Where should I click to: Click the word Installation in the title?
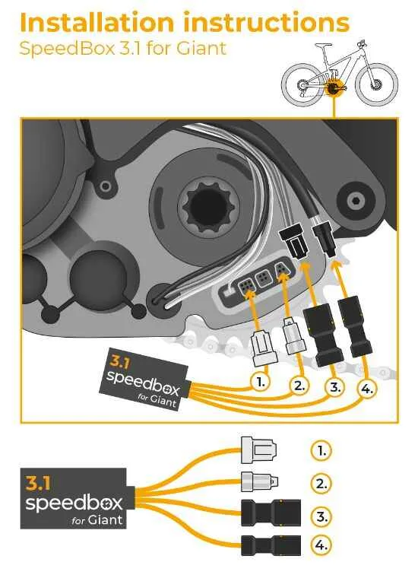click(x=97, y=22)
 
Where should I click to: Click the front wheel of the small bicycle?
click(x=376, y=84)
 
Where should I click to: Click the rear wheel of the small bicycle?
click(x=302, y=84)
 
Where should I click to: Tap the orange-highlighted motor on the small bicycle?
click(x=334, y=88)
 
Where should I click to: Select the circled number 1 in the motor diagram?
click(x=260, y=383)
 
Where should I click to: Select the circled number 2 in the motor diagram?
click(x=299, y=386)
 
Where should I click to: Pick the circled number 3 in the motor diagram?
click(x=334, y=387)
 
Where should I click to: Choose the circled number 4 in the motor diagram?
click(x=367, y=388)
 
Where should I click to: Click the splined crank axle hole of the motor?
click(x=209, y=205)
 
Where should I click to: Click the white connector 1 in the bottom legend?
click(x=258, y=449)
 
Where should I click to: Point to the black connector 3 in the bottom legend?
click(x=271, y=513)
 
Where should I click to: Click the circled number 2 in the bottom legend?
click(x=321, y=483)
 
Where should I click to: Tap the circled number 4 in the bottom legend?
click(x=321, y=545)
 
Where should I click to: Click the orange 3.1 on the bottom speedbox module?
click(x=38, y=483)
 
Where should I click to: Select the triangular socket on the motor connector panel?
click(x=282, y=272)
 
